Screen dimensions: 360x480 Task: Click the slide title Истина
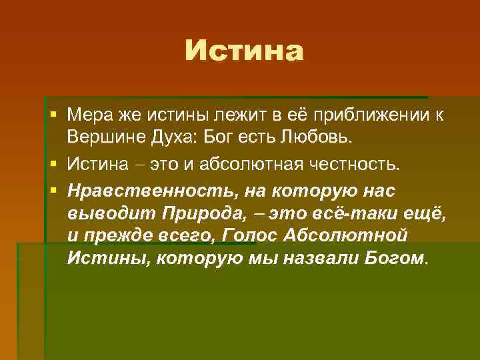(x=243, y=51)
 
